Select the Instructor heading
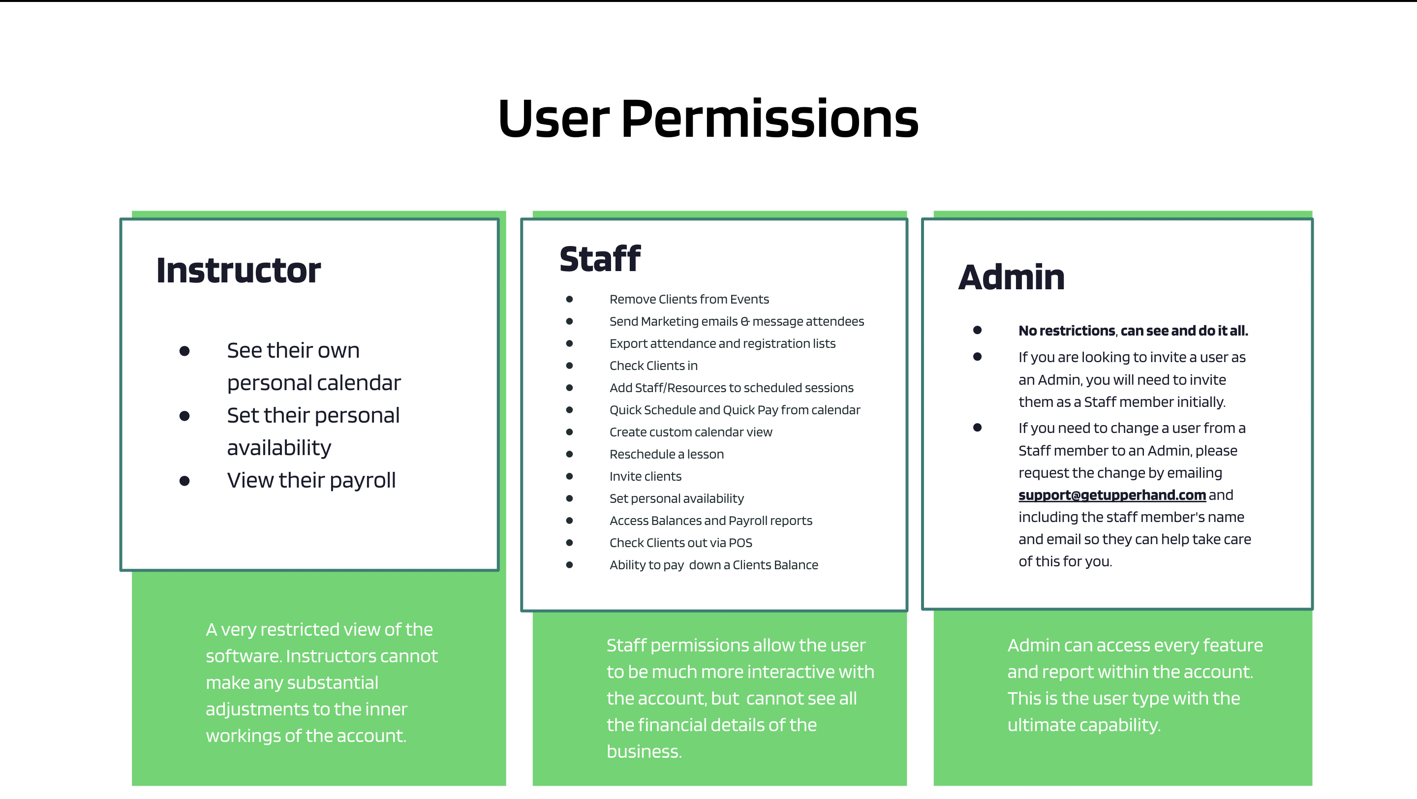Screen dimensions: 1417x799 [238, 271]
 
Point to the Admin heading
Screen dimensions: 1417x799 [1011, 277]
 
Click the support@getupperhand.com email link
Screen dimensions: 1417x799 [1112, 495]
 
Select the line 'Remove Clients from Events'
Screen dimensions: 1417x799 [689, 299]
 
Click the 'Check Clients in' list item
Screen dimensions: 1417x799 [653, 366]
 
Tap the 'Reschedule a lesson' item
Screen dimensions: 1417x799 [666, 454]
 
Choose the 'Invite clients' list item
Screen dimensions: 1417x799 [645, 476]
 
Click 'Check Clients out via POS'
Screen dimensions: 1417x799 [680, 543]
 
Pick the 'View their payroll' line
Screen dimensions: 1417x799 [311, 481]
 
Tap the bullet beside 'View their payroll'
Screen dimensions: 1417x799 [185, 481]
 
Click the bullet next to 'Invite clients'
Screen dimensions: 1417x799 [569, 476]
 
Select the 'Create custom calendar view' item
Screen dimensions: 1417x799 [690, 432]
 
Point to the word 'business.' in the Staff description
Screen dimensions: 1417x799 [644, 751]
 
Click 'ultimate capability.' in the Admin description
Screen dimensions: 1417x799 [1083, 725]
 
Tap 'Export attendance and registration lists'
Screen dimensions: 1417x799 [722, 344]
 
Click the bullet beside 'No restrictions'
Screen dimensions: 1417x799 [977, 330]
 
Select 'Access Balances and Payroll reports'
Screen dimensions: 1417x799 [710, 521]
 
